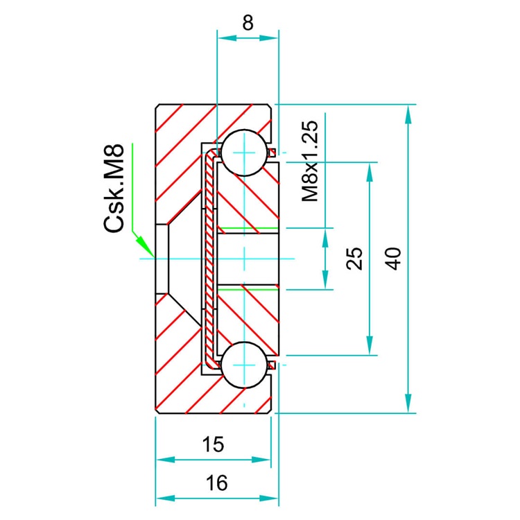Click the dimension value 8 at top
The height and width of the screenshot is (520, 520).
pos(248,22)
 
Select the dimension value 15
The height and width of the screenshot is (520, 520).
pos(214,444)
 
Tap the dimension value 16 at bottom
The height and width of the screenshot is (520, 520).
pos(217,483)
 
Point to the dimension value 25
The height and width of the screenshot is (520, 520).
pos(354,259)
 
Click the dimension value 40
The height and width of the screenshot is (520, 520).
pos(392,259)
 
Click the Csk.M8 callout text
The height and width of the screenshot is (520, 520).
pos(114,188)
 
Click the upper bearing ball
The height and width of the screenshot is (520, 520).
pos(244,152)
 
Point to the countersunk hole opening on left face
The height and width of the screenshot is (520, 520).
pos(161,259)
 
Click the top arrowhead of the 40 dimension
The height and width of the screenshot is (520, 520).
pos(409,113)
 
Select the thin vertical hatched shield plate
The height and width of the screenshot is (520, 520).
pos(209,259)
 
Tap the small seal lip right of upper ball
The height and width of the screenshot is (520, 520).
pos(273,152)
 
